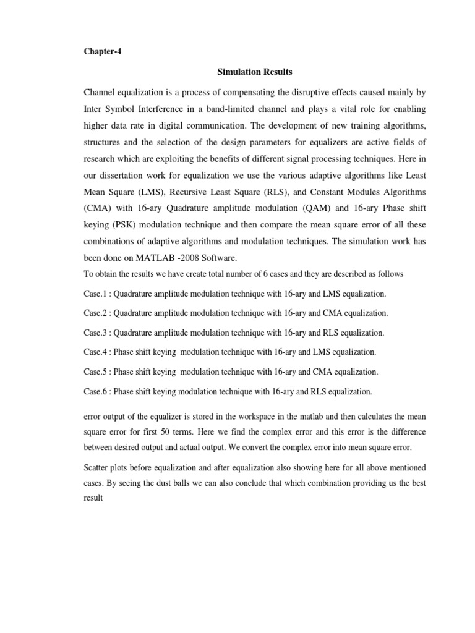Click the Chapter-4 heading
pyautogui.click(x=102, y=52)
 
